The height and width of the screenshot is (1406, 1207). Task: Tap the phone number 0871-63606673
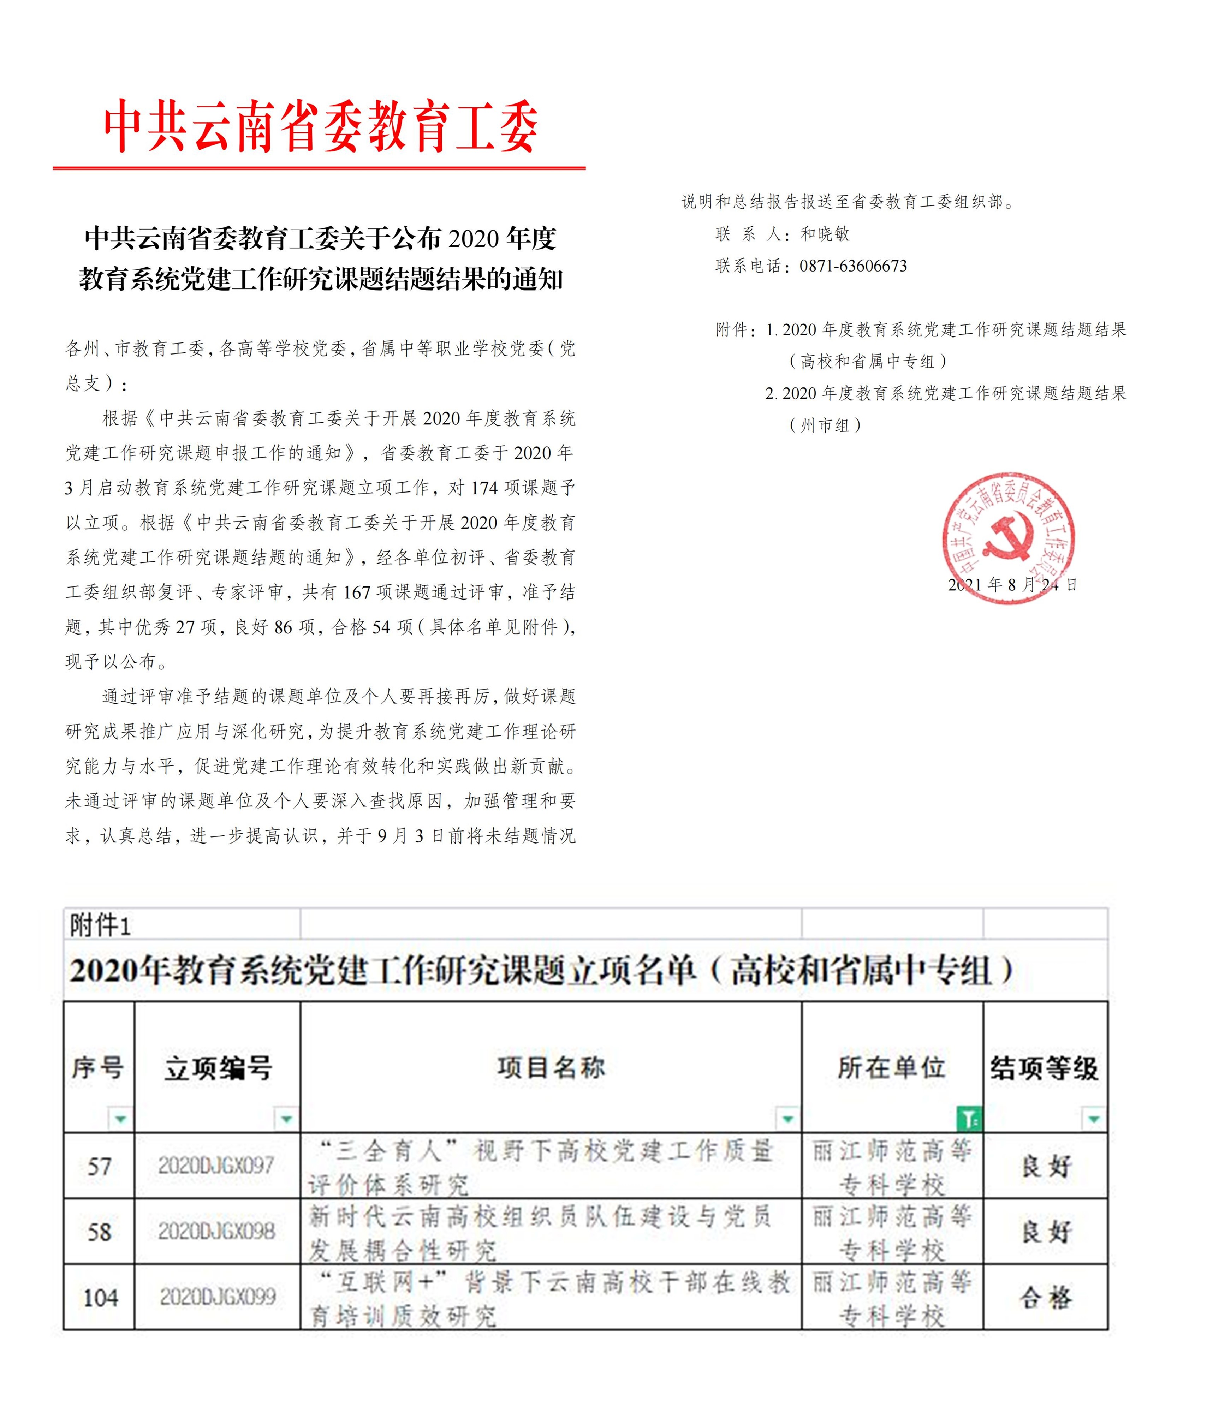coord(853,266)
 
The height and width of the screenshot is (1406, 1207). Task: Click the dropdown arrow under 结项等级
coord(1093,1118)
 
